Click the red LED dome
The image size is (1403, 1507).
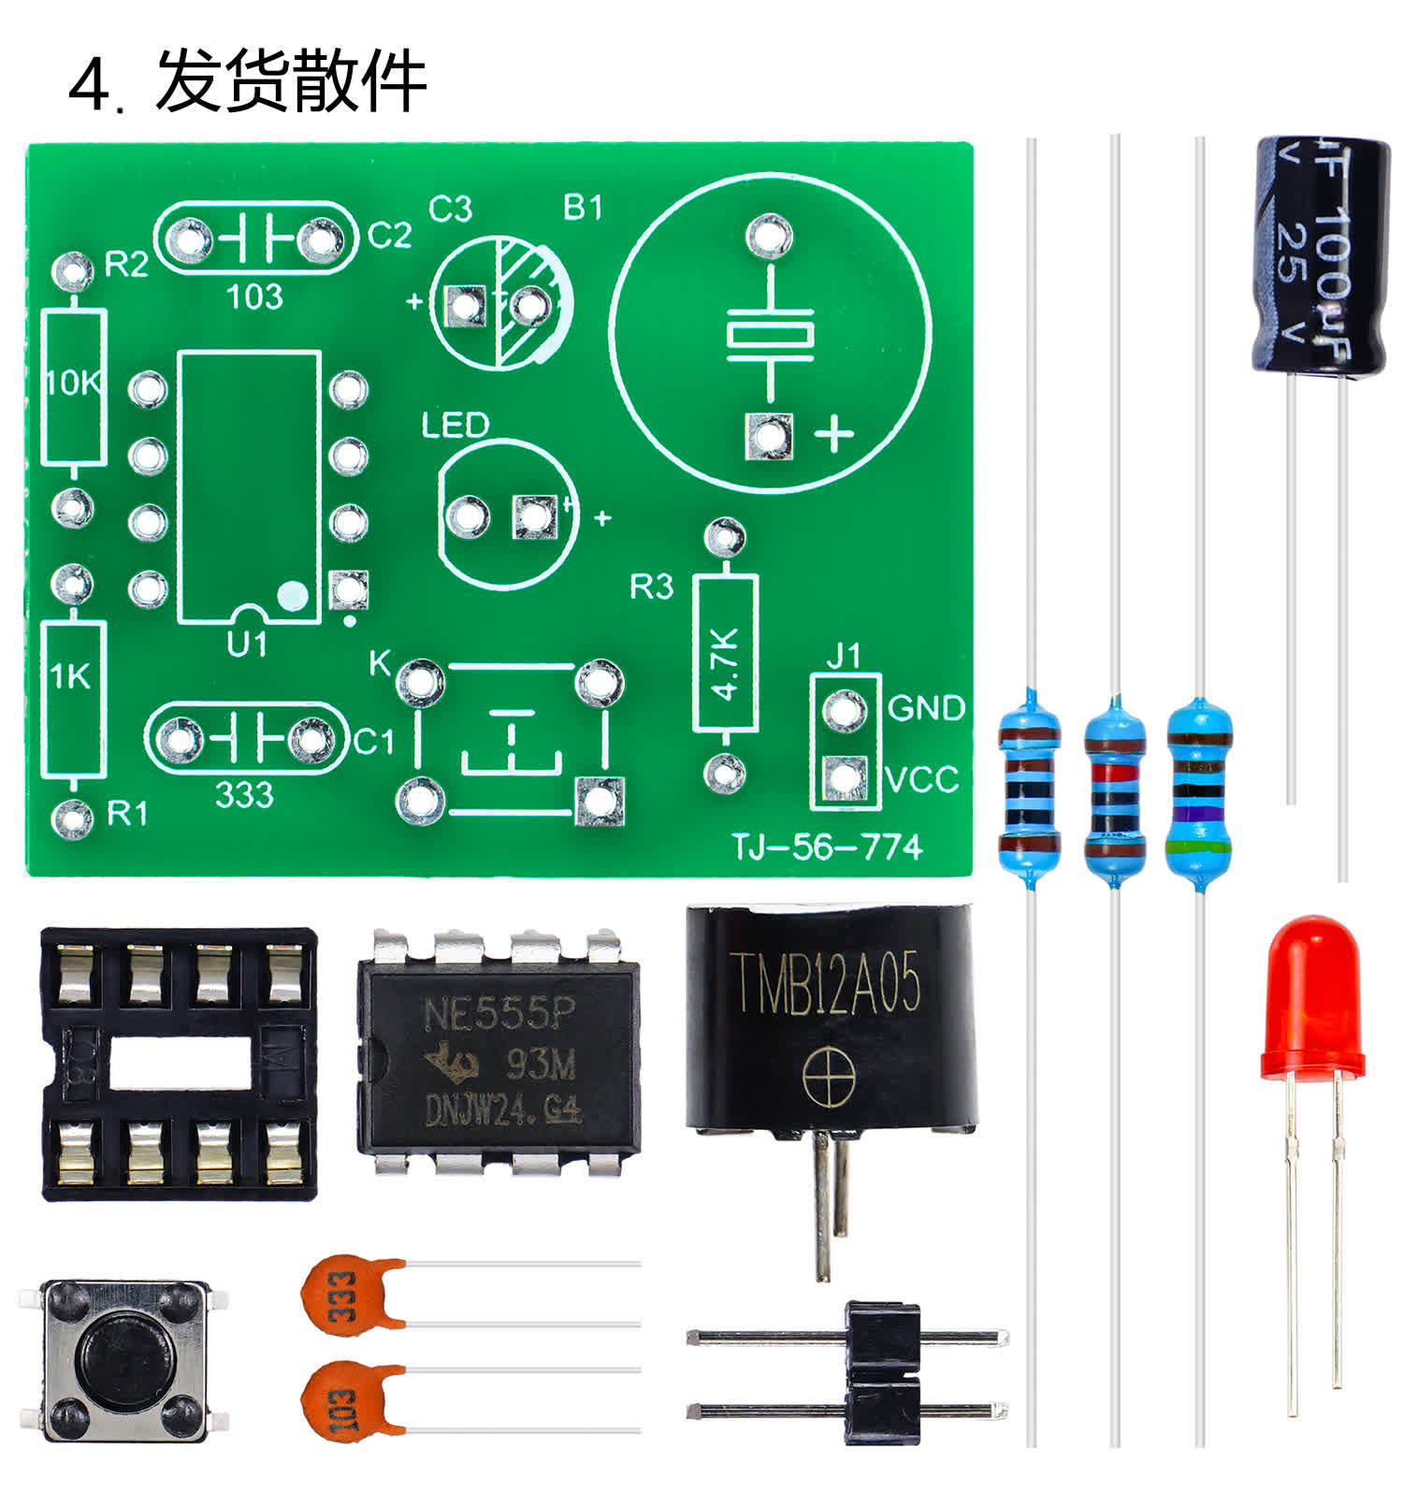coord(1311,996)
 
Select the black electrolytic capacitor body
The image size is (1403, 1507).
coord(1319,257)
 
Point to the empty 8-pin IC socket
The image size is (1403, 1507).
coord(178,1065)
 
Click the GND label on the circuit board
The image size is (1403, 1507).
coord(925,708)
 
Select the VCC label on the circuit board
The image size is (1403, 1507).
coord(922,779)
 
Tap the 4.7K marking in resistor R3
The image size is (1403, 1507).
coord(725,664)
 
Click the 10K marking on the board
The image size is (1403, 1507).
coord(73,383)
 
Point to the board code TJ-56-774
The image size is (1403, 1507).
coord(827,848)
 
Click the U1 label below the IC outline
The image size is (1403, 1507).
coord(247,645)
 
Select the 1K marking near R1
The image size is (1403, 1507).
coord(70,676)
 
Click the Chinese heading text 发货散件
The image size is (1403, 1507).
coord(291,82)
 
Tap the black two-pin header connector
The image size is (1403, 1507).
coord(882,1372)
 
